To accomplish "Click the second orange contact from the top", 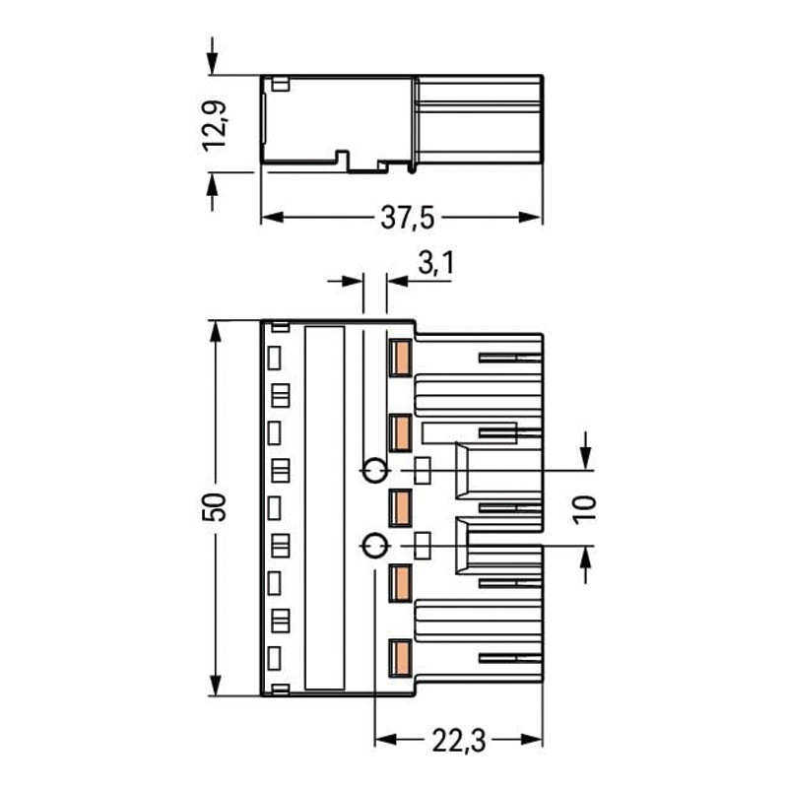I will (x=400, y=431).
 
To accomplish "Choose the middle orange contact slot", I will (x=400, y=507).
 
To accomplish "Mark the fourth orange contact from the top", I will (x=400, y=582).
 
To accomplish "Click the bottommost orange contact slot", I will (x=400, y=656).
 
